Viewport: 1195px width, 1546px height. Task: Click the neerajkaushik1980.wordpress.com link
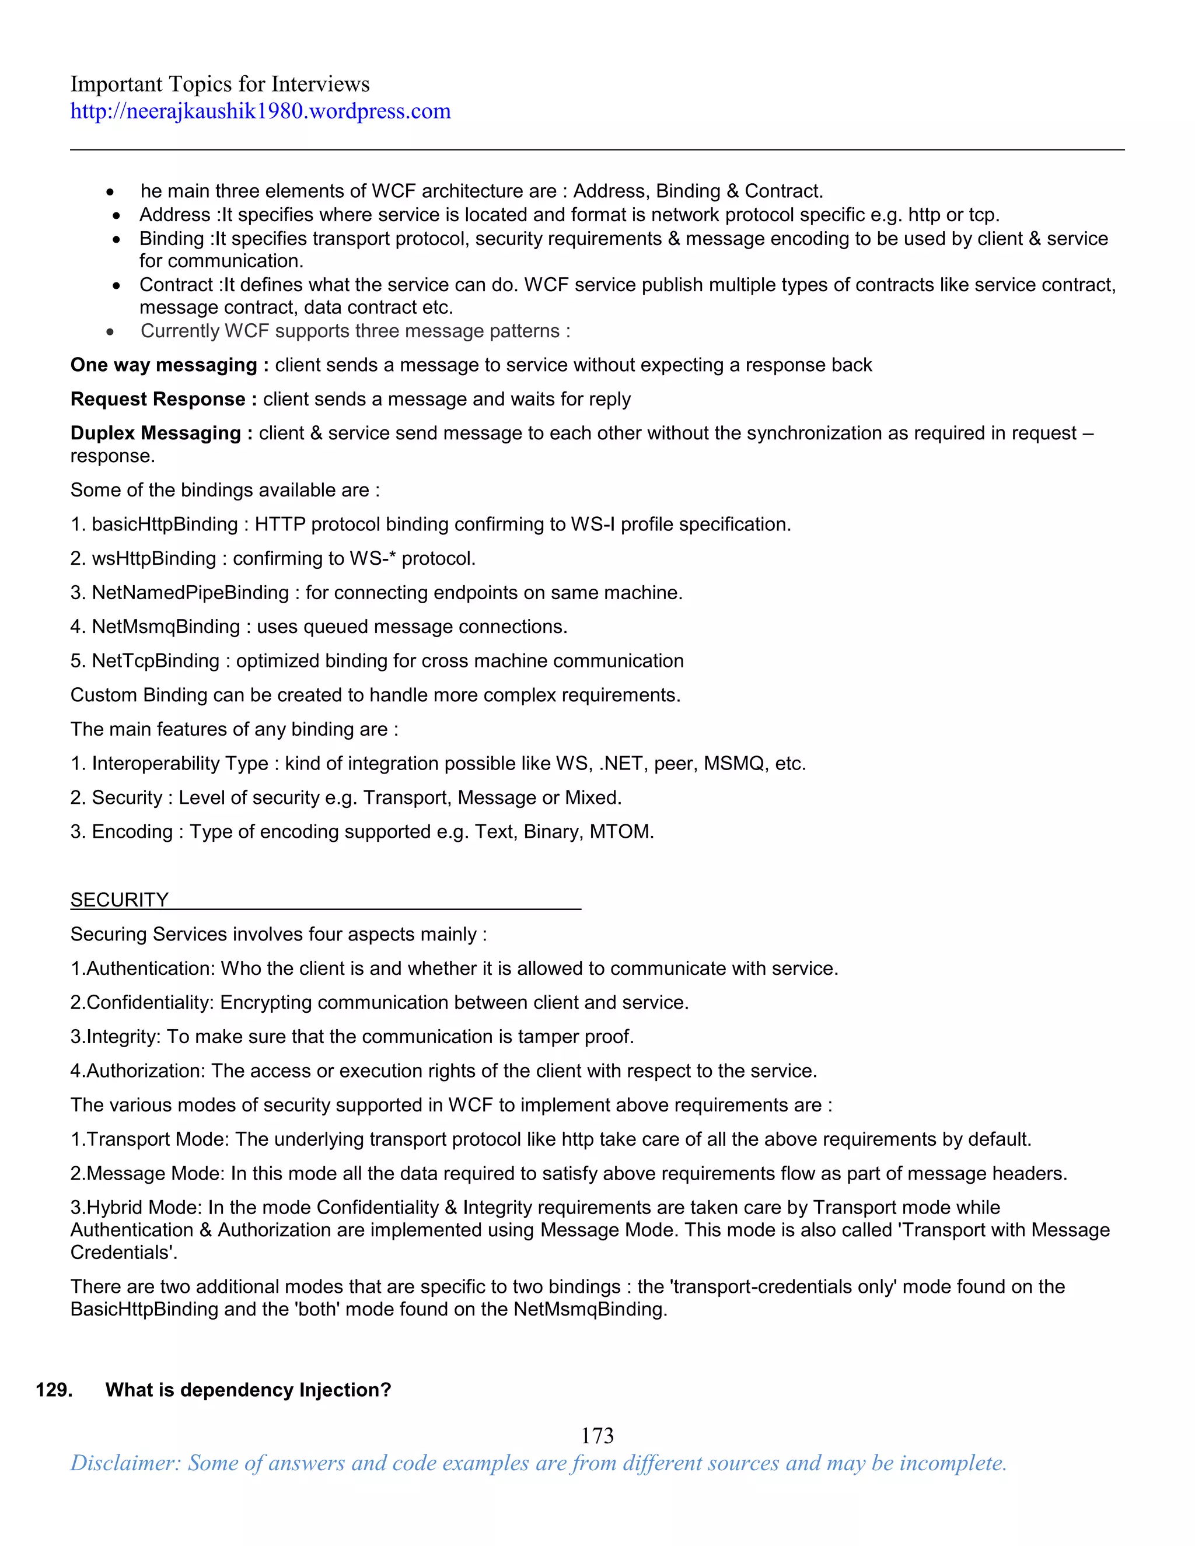(260, 111)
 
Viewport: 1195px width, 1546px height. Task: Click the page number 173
(597, 1436)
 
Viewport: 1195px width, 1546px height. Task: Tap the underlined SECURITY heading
(119, 900)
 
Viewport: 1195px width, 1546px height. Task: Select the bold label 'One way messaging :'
(169, 365)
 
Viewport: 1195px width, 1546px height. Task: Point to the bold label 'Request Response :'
(163, 399)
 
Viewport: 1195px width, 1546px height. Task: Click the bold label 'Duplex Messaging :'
(160, 433)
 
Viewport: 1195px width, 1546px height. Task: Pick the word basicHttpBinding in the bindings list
(164, 524)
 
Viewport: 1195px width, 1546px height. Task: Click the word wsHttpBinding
(153, 558)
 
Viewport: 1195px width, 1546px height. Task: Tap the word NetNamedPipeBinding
(190, 593)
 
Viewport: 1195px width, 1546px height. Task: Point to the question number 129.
(54, 1390)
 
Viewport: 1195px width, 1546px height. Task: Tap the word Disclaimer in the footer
(125, 1463)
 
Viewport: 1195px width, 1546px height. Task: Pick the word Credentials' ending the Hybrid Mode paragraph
(123, 1253)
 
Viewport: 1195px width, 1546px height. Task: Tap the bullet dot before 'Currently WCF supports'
(110, 332)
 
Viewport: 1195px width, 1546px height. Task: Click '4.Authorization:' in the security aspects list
(137, 1071)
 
